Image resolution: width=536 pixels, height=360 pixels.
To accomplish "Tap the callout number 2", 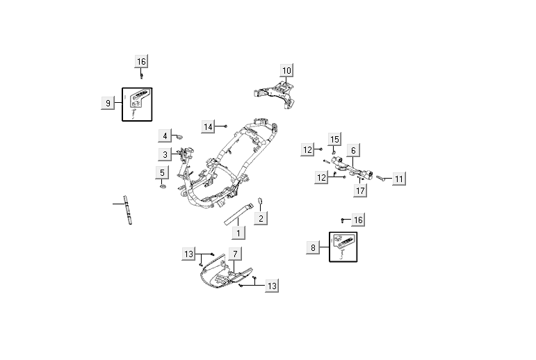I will [x=261, y=218].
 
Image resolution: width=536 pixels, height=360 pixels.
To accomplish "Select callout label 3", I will [x=165, y=154].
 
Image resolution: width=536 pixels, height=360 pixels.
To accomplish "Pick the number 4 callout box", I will [x=165, y=135].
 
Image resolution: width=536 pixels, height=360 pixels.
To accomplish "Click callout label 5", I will [x=162, y=172].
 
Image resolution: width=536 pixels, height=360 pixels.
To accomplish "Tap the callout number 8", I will [x=314, y=247].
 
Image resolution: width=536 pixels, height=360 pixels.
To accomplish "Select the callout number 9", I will [x=108, y=104].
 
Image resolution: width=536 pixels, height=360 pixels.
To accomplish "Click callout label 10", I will [x=286, y=70].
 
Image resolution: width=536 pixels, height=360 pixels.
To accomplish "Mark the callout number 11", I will [x=398, y=179].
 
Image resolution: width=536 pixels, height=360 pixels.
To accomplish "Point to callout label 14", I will [x=209, y=126].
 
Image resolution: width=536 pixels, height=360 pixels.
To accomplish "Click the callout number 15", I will [x=334, y=140].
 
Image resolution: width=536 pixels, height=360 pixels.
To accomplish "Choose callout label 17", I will [x=359, y=190].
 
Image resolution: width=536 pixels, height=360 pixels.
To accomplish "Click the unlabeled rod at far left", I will [x=128, y=209].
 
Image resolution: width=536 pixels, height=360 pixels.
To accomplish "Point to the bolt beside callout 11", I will [x=382, y=178].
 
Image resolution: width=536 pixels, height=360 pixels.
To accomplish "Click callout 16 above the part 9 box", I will [x=141, y=62].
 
